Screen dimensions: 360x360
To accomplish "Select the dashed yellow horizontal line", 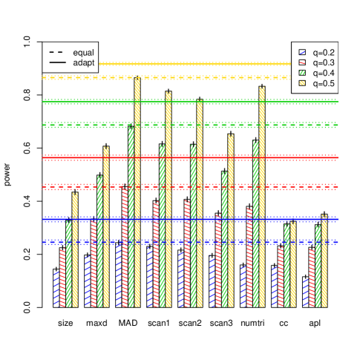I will pyautogui.click(x=223, y=77).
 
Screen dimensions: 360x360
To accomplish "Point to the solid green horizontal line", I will pyautogui.click(x=223, y=102).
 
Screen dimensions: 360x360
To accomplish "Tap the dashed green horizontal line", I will pyautogui.click(x=223, y=125).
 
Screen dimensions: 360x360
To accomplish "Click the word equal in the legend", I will pyautogui.click(x=83, y=53).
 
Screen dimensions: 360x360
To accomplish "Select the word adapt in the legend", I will pyautogui.click(x=83, y=64).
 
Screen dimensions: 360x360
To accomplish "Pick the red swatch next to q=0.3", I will pyautogui.click(x=302, y=62).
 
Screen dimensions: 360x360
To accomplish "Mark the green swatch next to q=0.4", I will pyautogui.click(x=302, y=73).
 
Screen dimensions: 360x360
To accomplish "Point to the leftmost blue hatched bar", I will pyautogui.click(x=56, y=289).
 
